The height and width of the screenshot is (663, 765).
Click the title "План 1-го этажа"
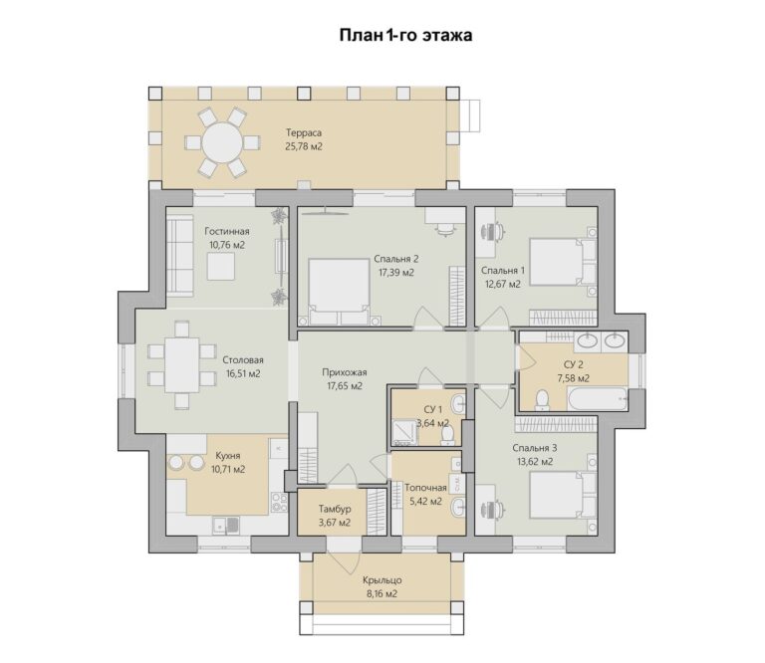click(405, 36)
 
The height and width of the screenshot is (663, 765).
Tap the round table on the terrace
click(222, 142)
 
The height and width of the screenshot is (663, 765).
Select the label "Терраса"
click(304, 132)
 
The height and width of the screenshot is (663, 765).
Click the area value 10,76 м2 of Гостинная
click(227, 245)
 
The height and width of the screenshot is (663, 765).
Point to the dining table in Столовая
click(182, 364)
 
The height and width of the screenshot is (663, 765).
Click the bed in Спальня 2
click(339, 292)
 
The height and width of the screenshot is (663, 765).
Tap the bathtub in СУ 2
click(598, 399)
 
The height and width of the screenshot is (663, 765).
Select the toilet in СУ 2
click(542, 400)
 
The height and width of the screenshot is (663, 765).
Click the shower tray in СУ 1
click(405, 432)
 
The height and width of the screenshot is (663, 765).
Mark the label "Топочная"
click(425, 488)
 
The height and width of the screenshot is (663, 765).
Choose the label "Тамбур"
click(335, 509)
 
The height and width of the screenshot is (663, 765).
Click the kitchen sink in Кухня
click(225, 525)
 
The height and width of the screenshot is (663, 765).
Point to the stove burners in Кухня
click(280, 502)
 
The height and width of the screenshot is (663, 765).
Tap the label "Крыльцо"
click(382, 580)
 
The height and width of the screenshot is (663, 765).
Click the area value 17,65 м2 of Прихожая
click(345, 386)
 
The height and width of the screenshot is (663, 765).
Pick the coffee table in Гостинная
click(220, 267)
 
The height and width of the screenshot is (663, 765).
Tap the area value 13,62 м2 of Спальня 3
click(535, 462)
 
